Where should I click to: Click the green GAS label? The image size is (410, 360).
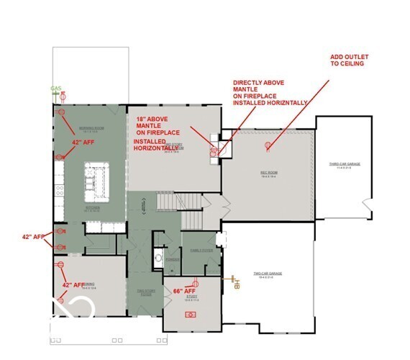[x=55, y=89]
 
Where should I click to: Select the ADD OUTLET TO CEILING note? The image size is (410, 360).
[x=347, y=59]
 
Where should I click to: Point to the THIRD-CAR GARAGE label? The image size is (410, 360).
[x=345, y=165]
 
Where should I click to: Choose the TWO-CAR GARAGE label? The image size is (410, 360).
[x=267, y=274]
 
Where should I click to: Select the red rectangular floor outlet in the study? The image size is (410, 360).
[x=191, y=314]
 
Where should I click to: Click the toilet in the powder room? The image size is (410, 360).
[x=158, y=258]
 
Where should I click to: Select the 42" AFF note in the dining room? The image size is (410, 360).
[x=73, y=285]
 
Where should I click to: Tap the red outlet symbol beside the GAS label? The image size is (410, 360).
[x=63, y=96]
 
